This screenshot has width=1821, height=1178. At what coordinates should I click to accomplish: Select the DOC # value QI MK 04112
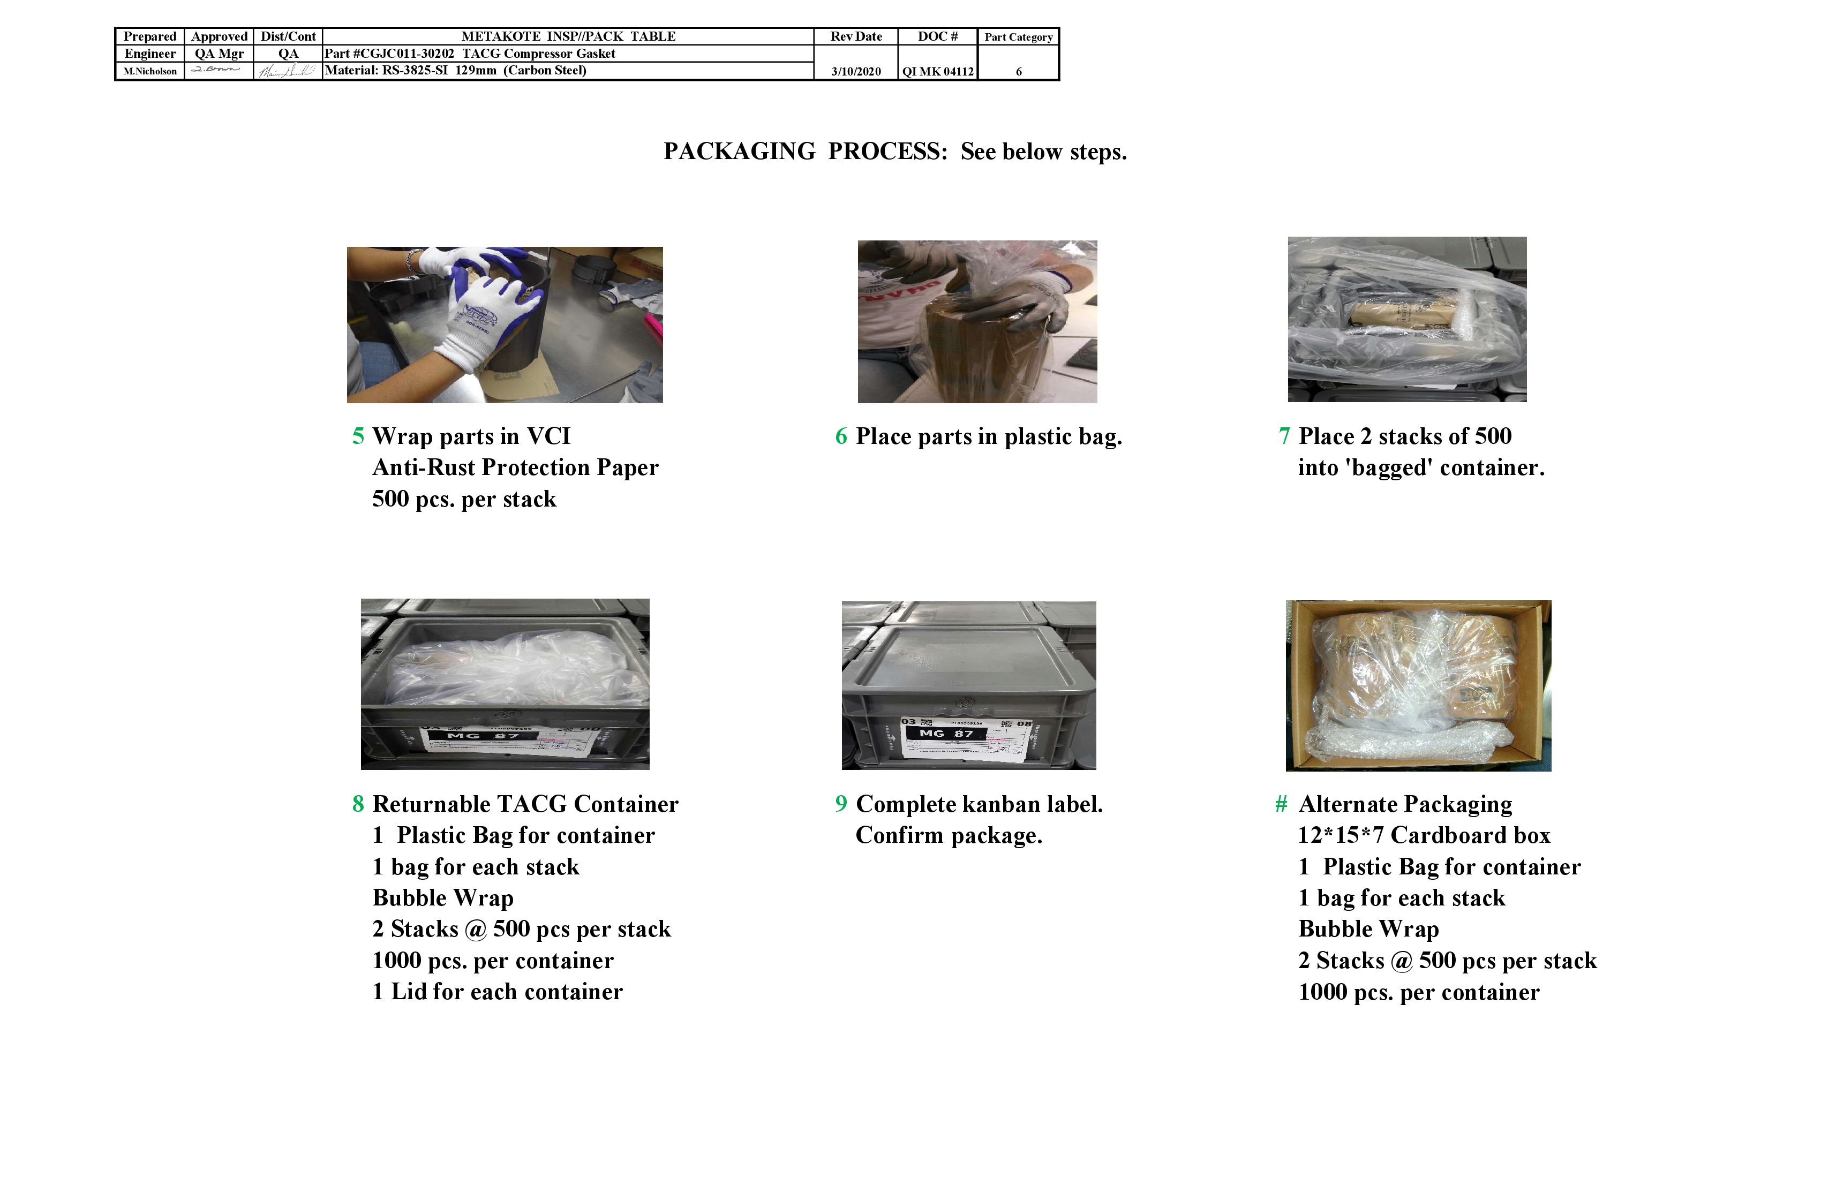[x=937, y=71]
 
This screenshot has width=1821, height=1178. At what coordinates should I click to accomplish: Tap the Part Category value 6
[x=1018, y=71]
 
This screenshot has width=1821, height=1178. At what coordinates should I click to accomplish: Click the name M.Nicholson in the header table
[x=150, y=71]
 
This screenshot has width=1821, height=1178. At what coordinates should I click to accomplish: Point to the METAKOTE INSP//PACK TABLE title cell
[x=568, y=36]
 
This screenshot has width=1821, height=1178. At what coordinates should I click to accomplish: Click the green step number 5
[x=357, y=436]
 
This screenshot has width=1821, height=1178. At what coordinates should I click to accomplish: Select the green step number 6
[x=841, y=436]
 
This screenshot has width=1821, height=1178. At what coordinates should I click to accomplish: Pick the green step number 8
[x=357, y=804]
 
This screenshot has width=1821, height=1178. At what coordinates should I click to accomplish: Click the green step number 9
[x=841, y=804]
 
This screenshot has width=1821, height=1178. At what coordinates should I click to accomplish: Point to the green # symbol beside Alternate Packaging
[x=1281, y=804]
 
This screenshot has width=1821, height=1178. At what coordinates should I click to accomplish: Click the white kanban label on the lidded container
[x=968, y=739]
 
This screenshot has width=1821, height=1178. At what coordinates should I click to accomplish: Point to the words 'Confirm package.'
[x=949, y=835]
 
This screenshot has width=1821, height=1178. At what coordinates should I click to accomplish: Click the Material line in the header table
[x=455, y=70]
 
